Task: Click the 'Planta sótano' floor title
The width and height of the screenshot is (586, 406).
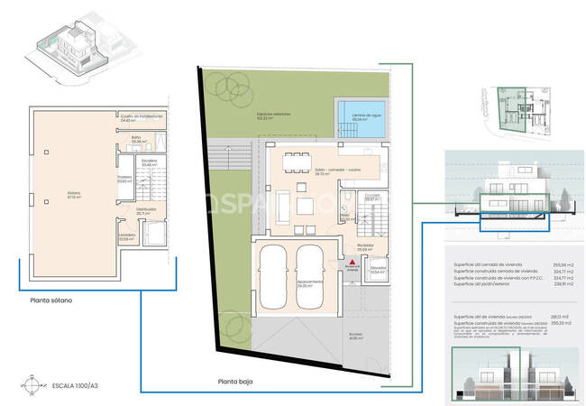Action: pos(51,300)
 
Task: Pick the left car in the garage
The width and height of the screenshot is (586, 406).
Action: pos(275,272)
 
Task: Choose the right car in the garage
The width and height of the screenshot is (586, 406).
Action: pos(310,272)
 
